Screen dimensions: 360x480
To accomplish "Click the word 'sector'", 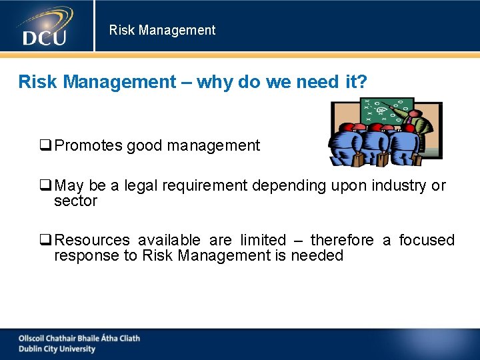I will (75, 201).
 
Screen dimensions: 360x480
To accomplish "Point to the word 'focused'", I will (427, 240).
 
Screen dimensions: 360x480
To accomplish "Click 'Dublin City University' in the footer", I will (57, 349).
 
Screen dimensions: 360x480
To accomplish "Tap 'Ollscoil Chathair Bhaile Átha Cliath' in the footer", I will (79, 338).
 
